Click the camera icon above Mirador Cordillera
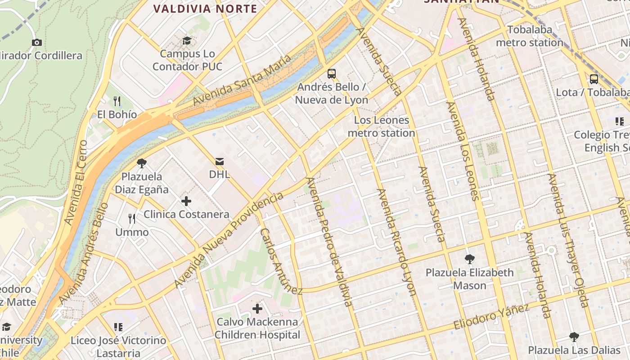pyautogui.click(x=37, y=43)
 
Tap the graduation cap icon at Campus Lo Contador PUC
pyautogui.click(x=187, y=41)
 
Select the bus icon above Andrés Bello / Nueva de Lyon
pyautogui.click(x=332, y=73)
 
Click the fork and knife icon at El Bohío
pyautogui.click(x=117, y=101)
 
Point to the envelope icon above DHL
pyautogui.click(x=220, y=161)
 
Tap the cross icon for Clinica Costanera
pyautogui.click(x=186, y=201)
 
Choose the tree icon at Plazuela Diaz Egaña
pyautogui.click(x=142, y=163)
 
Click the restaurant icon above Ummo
pyautogui.click(x=132, y=219)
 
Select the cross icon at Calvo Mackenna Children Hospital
pyautogui.click(x=257, y=309)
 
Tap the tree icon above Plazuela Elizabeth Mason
pyautogui.click(x=470, y=259)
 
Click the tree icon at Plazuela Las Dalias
pyautogui.click(x=574, y=337)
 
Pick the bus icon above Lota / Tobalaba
pyautogui.click(x=594, y=79)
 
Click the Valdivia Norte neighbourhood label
pyautogui.click(x=205, y=9)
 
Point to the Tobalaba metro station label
pyautogui.click(x=530, y=36)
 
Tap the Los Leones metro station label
pyautogui.click(x=381, y=126)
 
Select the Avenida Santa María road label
pyautogui.click(x=242, y=80)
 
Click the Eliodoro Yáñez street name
pyautogui.click(x=491, y=317)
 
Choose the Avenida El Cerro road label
pyautogui.click(x=76, y=182)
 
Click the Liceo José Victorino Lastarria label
pyautogui.click(x=118, y=346)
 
